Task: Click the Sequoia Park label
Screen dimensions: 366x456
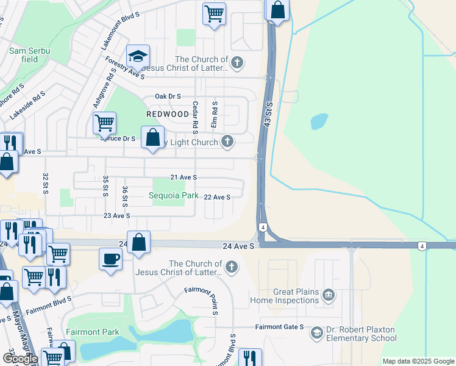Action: tap(174, 196)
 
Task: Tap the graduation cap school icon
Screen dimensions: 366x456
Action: tap(138, 57)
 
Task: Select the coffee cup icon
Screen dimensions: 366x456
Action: tap(111, 258)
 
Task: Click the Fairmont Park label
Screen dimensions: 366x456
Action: tap(93, 332)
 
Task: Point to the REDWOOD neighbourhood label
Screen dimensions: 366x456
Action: tap(168, 114)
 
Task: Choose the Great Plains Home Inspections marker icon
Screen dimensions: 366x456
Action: tap(329, 295)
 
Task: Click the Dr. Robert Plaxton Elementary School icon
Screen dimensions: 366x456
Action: tap(316, 332)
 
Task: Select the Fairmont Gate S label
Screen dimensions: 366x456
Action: tap(279, 327)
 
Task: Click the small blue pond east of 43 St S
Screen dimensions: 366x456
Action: tap(319, 121)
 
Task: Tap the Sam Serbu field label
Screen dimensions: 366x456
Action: tap(29, 55)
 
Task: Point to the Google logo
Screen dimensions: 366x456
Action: tap(20, 359)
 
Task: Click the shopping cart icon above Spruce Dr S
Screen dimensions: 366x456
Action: tap(104, 123)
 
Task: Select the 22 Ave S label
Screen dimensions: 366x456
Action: tap(217, 197)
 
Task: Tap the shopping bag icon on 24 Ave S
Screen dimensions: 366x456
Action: tap(139, 242)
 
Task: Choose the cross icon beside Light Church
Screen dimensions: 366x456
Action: tap(227, 142)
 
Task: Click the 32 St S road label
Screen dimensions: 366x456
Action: tap(45, 184)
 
